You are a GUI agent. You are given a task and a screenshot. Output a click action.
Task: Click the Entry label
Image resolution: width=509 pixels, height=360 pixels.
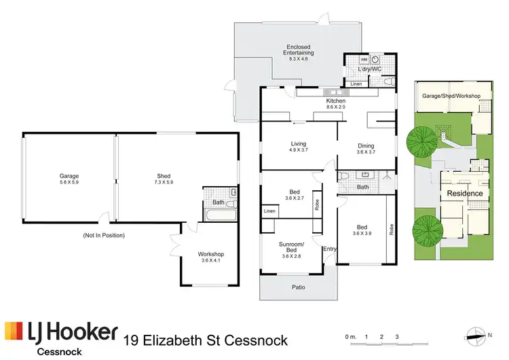coord(330,249)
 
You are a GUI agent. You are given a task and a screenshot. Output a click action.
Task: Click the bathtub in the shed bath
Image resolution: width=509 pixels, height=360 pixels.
coord(219,217)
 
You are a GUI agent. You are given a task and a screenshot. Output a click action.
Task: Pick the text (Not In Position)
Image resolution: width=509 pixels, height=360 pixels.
coord(104,235)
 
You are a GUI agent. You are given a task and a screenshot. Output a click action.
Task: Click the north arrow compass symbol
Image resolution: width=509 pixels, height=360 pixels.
coord(473,334)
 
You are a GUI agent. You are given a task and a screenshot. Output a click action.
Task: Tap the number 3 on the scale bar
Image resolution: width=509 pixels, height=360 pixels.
coord(396,337)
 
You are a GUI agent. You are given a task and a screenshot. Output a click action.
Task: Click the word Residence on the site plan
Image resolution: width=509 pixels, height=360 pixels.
coord(465,194)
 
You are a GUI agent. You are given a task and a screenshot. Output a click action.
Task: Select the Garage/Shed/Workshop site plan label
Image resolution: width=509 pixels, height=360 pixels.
coord(451,96)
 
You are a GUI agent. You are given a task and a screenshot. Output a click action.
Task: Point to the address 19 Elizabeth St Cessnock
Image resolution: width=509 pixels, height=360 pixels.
coord(206,340)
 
